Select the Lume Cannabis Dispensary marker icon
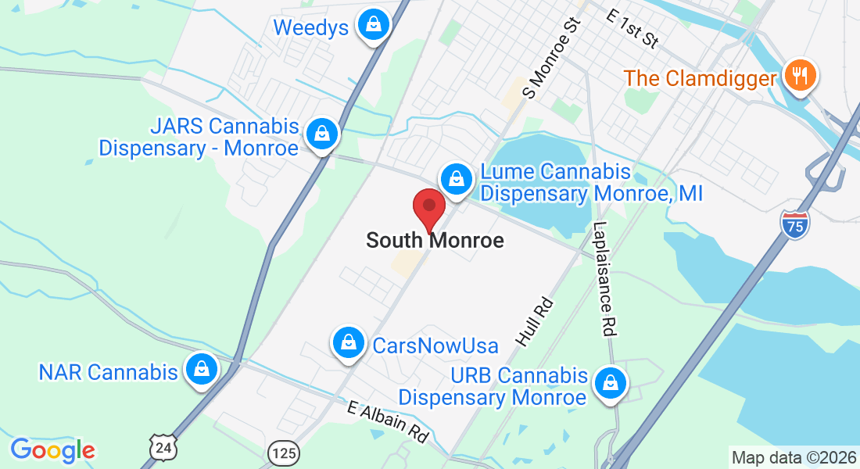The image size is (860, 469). [456, 178]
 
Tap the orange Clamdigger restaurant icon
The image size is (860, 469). [798, 76]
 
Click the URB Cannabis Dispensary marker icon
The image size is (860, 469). [608, 383]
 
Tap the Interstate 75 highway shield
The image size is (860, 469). [794, 224]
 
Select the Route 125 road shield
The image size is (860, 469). [281, 452]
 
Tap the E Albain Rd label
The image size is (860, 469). [389, 421]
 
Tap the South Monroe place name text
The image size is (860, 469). [435, 241]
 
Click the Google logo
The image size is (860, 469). [52, 449]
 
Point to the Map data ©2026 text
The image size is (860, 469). [794, 457]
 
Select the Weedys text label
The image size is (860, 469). [310, 28]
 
